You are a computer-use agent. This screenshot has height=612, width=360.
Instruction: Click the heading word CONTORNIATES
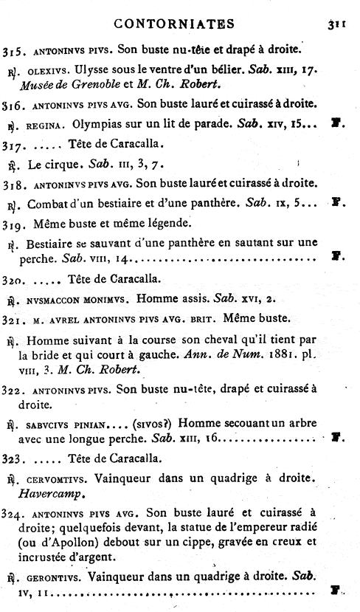click(x=175, y=24)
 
